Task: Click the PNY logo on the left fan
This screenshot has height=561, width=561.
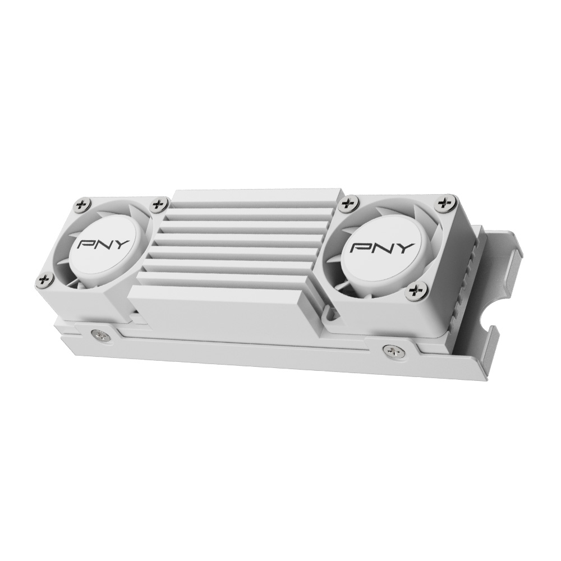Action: pos(103,245)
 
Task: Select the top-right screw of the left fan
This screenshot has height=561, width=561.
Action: pos(158,205)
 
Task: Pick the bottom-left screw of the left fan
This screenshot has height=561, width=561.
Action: pos(45,279)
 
